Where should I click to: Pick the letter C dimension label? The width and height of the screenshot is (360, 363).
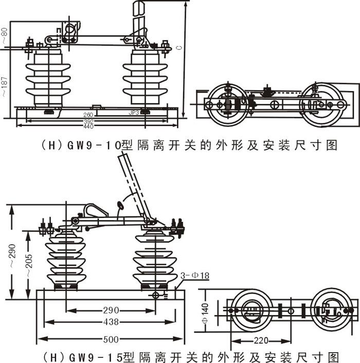click(178, 47)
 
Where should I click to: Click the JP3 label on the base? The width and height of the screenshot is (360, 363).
click(134, 112)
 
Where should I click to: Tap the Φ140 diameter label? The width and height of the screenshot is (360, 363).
click(205, 311)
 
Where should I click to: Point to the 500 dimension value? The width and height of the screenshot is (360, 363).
click(110, 339)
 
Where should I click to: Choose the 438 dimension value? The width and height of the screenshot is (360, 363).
click(110, 322)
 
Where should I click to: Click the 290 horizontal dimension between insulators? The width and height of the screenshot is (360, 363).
click(110, 310)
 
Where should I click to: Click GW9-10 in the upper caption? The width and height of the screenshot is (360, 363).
click(93, 146)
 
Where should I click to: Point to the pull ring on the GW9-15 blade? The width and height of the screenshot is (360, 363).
click(121, 205)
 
